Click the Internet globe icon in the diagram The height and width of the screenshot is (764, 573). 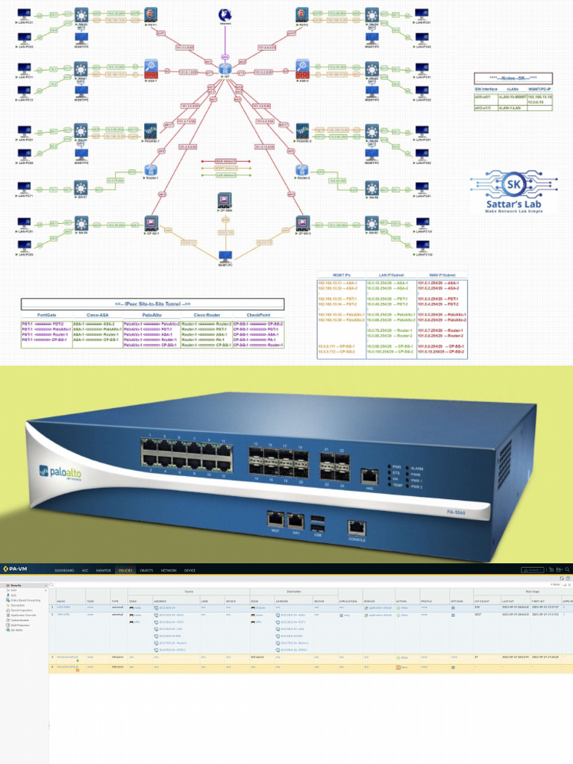[x=225, y=15]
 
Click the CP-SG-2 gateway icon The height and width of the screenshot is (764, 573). [x=301, y=222]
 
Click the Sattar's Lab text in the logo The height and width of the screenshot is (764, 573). [x=506, y=205]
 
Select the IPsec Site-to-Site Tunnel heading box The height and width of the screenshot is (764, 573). [x=152, y=304]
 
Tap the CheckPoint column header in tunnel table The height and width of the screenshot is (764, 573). [x=257, y=316]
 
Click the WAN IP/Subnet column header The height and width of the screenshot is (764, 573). [x=437, y=275]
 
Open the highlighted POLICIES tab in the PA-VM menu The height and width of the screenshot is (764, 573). [x=125, y=570]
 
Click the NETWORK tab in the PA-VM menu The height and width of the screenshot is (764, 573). [x=169, y=570]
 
